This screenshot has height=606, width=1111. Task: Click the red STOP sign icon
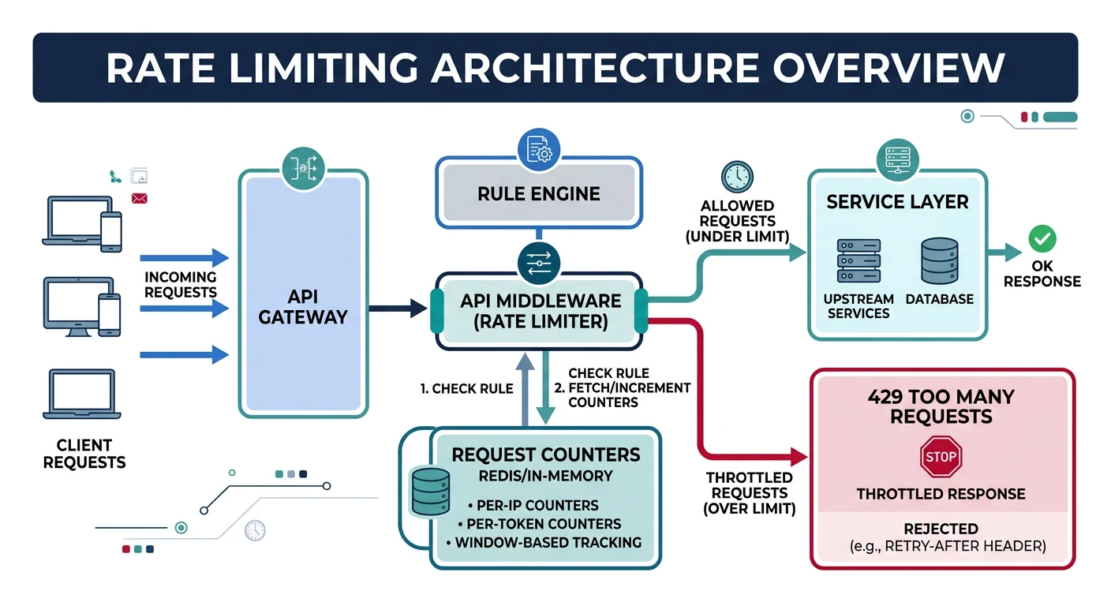940,458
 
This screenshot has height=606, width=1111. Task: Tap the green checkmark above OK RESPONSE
1042,238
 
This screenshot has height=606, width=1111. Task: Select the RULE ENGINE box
538,193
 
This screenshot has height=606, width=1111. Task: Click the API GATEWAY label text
303,307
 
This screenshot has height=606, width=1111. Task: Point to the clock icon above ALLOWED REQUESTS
737,176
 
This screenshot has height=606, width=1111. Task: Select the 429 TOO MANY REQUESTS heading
941,406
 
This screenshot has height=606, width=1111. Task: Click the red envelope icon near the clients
140,197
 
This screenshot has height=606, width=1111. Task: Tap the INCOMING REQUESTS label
180,284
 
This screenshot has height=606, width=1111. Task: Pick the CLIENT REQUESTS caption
84,453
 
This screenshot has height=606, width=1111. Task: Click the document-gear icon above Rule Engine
538,149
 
